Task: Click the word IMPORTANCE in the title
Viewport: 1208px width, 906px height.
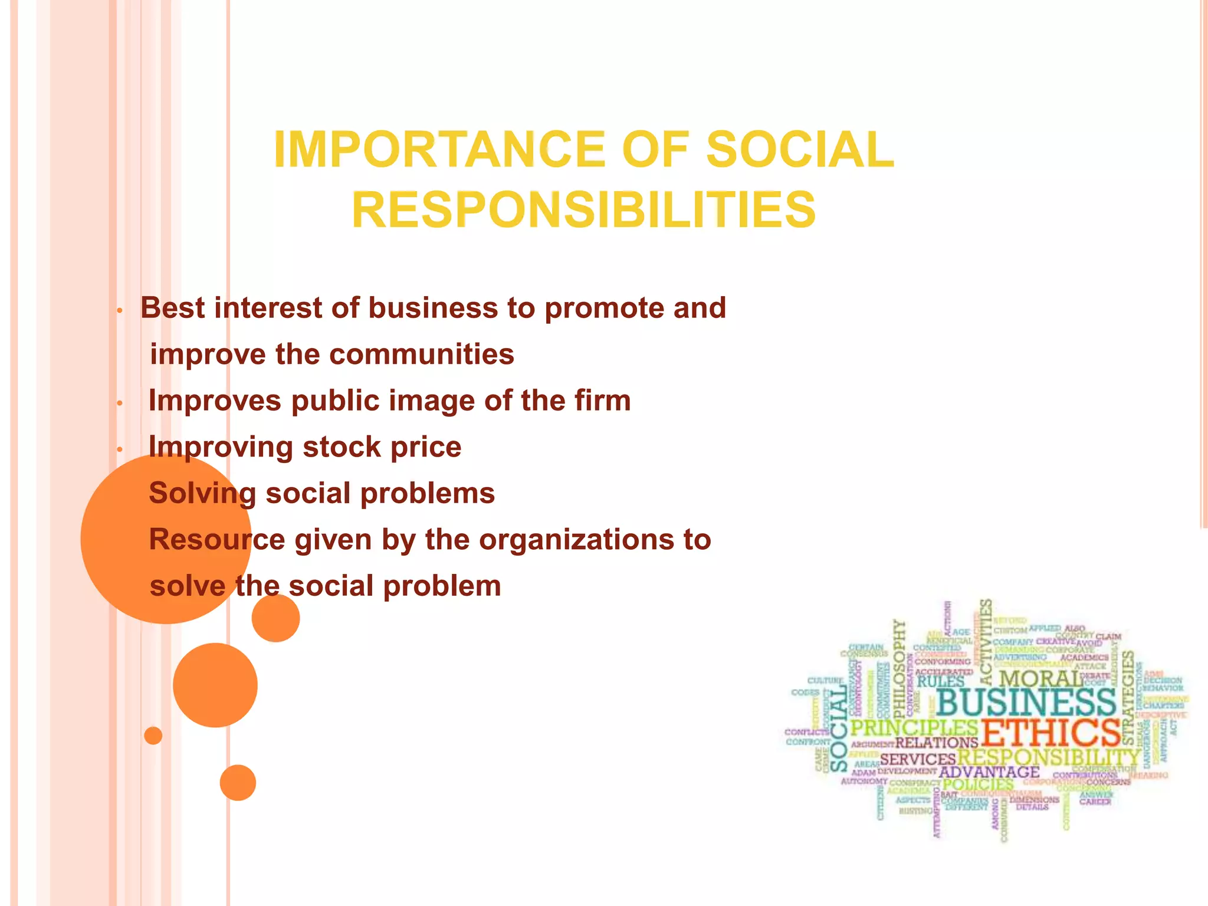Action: (439, 149)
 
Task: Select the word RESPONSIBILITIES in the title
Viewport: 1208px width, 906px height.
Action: (584, 210)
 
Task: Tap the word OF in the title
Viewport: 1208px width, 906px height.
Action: (655, 149)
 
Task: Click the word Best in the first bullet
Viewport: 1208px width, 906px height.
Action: (173, 308)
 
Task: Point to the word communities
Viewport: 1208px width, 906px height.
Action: (421, 354)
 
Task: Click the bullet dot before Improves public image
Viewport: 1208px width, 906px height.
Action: (119, 403)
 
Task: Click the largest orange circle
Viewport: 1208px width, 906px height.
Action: (166, 539)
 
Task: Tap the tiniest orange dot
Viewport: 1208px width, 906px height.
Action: (153, 736)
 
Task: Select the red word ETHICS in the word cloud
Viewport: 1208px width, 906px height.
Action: (1050, 733)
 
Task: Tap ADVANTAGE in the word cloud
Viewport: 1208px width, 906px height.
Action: (989, 772)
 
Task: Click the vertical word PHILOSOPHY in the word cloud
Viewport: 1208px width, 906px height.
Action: (899, 667)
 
